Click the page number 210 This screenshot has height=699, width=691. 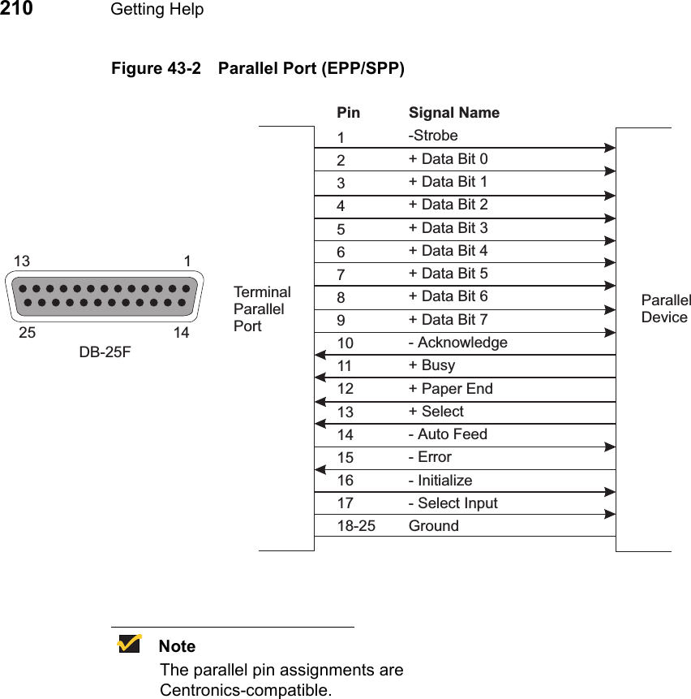click(x=17, y=9)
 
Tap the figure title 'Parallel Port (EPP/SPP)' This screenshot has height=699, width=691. click(x=311, y=68)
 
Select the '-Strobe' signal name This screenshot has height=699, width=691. click(x=433, y=136)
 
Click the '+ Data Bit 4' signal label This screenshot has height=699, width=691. click(x=448, y=251)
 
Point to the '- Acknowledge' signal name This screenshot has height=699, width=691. click(x=457, y=343)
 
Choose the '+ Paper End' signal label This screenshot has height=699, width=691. click(x=450, y=389)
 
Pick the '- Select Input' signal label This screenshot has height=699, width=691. click(x=453, y=503)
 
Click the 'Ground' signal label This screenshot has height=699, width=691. click(x=433, y=526)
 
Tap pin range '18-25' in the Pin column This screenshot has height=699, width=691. click(x=356, y=526)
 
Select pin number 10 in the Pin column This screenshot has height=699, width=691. click(x=345, y=343)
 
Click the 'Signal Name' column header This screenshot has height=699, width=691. click(x=453, y=113)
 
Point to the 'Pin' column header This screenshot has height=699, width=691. click(x=348, y=113)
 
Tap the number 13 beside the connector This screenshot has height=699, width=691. click(x=22, y=261)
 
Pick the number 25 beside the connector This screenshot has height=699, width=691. click(x=27, y=333)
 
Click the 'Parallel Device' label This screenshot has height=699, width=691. click(x=665, y=309)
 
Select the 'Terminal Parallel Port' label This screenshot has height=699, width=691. click(x=261, y=309)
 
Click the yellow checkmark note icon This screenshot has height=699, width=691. click(x=129, y=645)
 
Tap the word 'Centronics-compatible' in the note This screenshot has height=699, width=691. click(x=246, y=691)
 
